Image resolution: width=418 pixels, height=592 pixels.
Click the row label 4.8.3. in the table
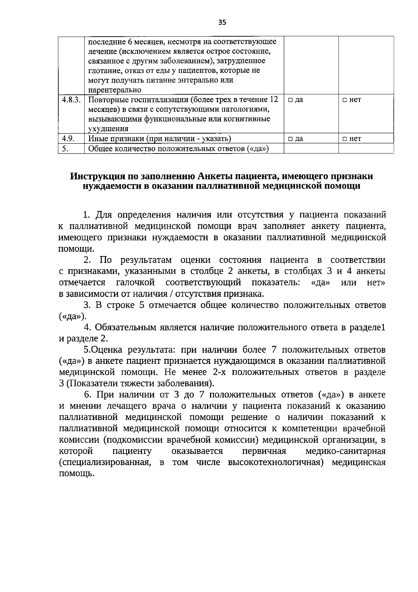coord(71,100)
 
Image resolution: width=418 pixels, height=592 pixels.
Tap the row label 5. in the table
coord(65,149)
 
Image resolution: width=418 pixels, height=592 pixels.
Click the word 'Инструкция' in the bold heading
coord(100,176)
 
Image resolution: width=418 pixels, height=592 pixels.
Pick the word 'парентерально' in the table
coord(114,90)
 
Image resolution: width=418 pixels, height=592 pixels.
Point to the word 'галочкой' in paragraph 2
coord(136,282)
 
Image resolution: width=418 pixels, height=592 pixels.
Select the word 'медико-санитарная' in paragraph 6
coord(345,451)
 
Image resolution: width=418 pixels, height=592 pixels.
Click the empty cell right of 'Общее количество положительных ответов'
coord(311,149)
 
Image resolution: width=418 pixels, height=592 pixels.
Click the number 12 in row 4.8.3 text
coord(274,100)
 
